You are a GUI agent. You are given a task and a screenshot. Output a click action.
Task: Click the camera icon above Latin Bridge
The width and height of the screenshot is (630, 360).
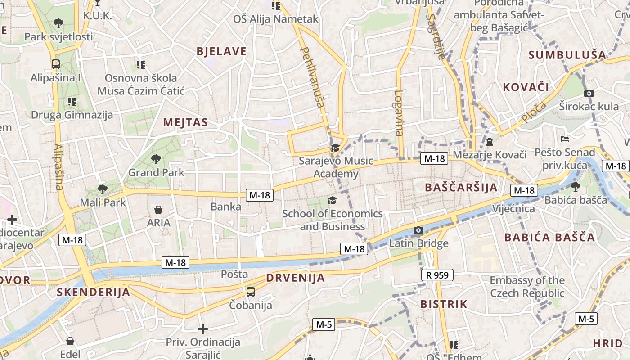tap(418, 230)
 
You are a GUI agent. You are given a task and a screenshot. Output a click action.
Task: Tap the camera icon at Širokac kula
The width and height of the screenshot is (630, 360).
tap(589, 93)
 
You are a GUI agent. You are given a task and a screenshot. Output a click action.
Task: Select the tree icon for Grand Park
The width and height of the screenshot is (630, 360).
tap(156, 159)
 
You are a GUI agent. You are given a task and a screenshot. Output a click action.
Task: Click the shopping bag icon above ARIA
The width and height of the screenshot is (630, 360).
tap(158, 209)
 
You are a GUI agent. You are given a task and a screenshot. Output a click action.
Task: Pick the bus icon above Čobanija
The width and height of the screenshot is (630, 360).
tap(251, 292)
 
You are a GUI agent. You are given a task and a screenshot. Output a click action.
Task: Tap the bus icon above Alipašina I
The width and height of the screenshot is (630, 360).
tap(56, 64)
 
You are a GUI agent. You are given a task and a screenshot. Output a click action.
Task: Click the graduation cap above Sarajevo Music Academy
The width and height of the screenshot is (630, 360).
tap(335, 148)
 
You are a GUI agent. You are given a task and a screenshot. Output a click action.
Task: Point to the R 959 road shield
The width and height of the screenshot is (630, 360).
tap(437, 275)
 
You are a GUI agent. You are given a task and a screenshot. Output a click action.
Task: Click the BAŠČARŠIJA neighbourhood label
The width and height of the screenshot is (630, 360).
tap(461, 188)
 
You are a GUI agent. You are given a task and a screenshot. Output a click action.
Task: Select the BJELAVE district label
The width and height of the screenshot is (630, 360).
tap(221, 51)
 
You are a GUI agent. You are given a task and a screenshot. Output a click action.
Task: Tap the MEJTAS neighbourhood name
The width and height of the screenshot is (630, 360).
tap(185, 122)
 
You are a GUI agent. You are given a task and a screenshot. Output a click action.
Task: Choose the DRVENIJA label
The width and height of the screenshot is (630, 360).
tap(295, 278)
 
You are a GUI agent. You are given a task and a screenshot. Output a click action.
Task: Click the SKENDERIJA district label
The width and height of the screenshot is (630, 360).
tap(93, 292)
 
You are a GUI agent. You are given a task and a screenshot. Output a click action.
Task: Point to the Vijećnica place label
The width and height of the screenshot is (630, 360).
tap(513, 209)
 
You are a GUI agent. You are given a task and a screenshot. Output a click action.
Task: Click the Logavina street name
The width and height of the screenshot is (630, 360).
tap(399, 113)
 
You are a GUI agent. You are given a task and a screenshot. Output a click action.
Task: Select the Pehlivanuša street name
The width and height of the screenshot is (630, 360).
tap(313, 77)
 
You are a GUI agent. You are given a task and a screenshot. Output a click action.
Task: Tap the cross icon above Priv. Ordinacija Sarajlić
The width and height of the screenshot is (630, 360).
tap(203, 329)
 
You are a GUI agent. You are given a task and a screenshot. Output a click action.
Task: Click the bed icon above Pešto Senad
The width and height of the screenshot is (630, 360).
tap(565, 139)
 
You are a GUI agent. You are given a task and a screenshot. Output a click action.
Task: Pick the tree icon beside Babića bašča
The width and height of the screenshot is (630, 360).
tap(575, 186)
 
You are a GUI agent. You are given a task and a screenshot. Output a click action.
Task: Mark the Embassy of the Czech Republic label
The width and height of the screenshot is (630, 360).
tap(527, 287)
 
